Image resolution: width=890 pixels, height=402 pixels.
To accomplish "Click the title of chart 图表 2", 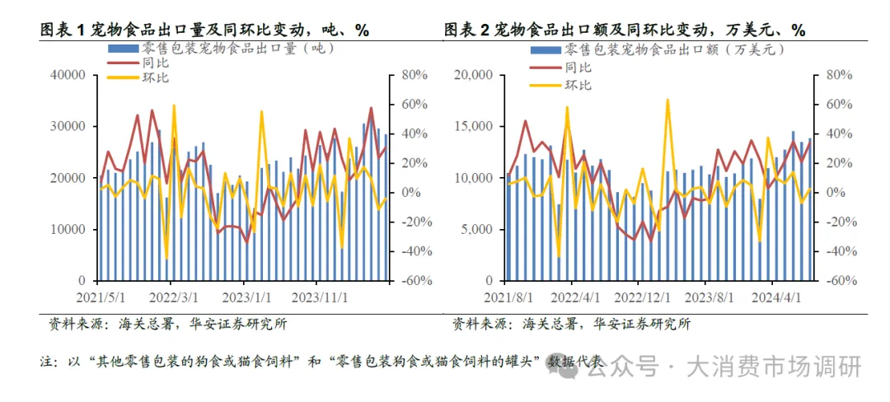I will tap(624, 30).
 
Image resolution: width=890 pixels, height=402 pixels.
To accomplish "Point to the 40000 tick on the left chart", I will tap(68, 76).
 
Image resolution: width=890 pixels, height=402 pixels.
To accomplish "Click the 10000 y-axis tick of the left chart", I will tap(68, 229).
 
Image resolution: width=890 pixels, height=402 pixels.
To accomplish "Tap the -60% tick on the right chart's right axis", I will tap(835, 280).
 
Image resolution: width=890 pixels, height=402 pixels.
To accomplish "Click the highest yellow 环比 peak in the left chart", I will tap(174, 105).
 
